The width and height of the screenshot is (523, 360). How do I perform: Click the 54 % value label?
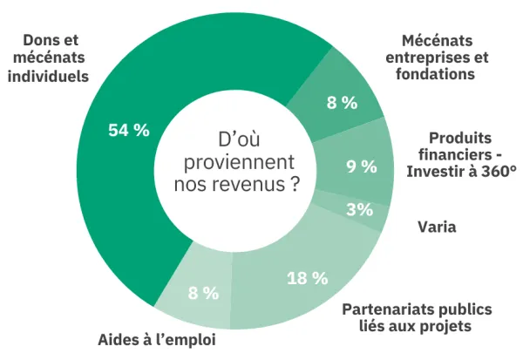[128, 130]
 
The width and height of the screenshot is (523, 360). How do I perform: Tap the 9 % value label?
[361, 166]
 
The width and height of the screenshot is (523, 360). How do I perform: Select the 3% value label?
[359, 209]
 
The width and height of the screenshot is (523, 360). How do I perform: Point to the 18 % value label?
[307, 278]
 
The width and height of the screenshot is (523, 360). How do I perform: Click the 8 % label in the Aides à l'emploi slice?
[203, 293]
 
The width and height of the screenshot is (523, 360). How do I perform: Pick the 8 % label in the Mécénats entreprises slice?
[342, 103]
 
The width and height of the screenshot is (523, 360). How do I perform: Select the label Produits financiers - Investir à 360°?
[461, 154]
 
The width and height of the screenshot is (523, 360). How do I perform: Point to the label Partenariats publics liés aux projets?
[417, 317]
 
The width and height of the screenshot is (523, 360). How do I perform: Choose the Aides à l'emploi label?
[156, 339]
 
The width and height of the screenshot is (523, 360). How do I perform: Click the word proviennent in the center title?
[235, 162]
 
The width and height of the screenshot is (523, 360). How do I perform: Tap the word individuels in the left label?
[48, 75]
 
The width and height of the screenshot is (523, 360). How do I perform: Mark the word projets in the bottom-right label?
[445, 326]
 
